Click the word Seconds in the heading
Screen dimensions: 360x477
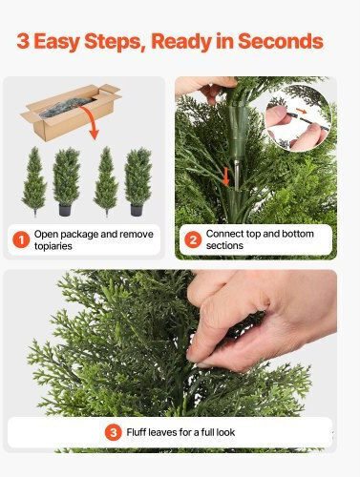click(281, 41)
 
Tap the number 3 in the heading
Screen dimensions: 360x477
click(23, 41)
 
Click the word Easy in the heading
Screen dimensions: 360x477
click(56, 42)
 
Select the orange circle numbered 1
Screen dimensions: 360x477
click(21, 240)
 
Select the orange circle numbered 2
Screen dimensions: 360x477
click(193, 239)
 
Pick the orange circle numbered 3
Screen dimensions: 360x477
click(114, 432)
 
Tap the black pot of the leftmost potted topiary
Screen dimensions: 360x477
click(65, 210)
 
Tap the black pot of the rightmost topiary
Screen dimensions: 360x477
click(137, 210)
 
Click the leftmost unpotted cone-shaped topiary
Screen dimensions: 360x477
click(34, 181)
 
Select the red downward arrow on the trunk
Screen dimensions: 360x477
click(225, 176)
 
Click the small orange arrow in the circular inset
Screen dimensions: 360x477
click(301, 111)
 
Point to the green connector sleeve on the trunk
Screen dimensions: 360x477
click(238, 127)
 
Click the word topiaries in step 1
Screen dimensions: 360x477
click(53, 246)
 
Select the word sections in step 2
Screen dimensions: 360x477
click(224, 245)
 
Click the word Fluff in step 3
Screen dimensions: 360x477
click(137, 432)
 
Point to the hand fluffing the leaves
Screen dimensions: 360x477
click(258, 318)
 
